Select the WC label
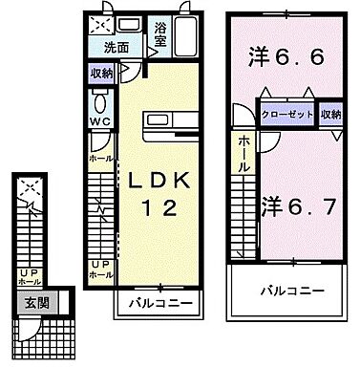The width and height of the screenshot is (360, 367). click(98, 121)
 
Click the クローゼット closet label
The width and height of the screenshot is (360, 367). click(287, 113)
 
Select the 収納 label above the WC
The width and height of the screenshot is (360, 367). click(100, 74)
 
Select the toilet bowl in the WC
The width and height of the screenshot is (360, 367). click(98, 102)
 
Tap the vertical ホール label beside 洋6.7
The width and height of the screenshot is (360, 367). click(246, 153)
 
